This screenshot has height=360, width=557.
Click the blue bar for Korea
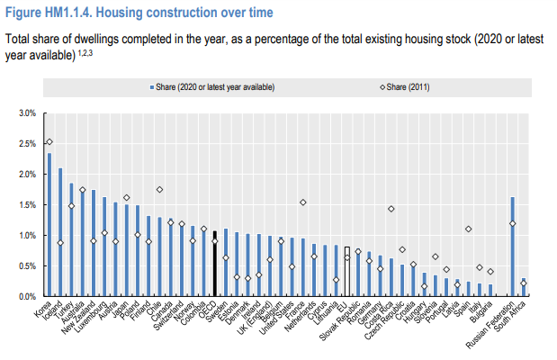click(x=49, y=225)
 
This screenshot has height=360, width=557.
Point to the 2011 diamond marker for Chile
click(x=159, y=189)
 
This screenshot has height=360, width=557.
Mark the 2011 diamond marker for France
click(x=302, y=202)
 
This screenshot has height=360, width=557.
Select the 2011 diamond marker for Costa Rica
click(x=391, y=209)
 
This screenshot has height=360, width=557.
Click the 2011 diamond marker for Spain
click(x=468, y=229)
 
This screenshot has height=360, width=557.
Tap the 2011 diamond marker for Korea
click(x=49, y=142)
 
